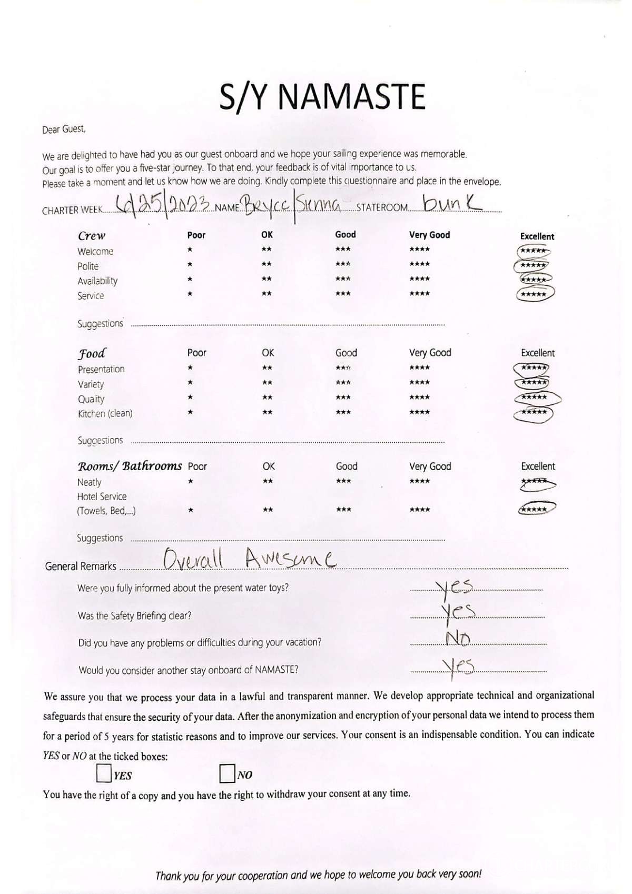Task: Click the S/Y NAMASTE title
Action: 322,96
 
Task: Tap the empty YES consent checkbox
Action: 104,773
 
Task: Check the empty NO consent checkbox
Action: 227,773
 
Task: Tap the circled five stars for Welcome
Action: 534,251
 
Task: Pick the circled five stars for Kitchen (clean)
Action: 534,413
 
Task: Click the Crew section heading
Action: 92,235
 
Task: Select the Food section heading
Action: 92,353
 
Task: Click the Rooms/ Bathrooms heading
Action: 130,466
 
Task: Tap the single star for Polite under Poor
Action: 190,264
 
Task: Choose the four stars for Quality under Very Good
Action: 419,398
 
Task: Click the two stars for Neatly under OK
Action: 268,481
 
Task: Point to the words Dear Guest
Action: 64,129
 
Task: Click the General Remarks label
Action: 81,567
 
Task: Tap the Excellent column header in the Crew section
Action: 537,236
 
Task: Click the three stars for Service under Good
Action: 343,294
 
